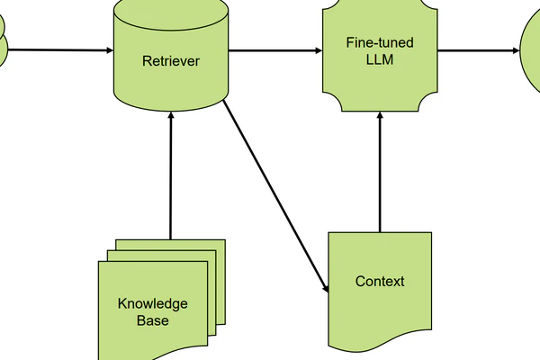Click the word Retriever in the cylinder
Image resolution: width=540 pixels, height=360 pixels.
pos(170,61)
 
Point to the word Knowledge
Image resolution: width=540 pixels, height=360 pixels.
pos(152,302)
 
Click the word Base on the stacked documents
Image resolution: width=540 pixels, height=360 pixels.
pos(152,320)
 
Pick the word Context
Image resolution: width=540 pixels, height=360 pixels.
pos(380,282)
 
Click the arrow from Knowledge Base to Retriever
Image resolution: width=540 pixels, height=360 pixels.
pos(170,180)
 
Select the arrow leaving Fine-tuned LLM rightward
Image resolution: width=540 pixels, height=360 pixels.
pos(477,50)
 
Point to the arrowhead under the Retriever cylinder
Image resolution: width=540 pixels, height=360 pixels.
pos(170,125)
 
